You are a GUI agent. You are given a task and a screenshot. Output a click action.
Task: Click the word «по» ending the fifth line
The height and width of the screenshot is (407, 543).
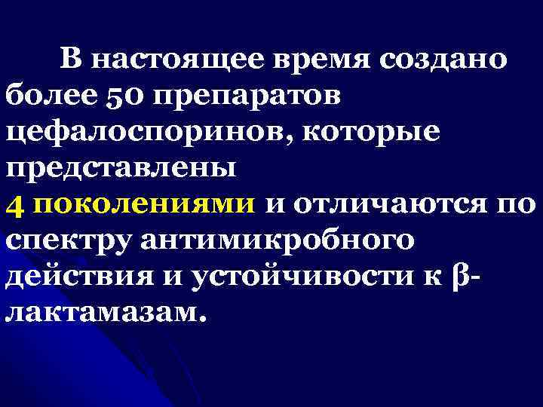517,206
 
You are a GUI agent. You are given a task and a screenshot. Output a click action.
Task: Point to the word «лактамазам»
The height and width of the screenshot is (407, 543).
104,314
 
